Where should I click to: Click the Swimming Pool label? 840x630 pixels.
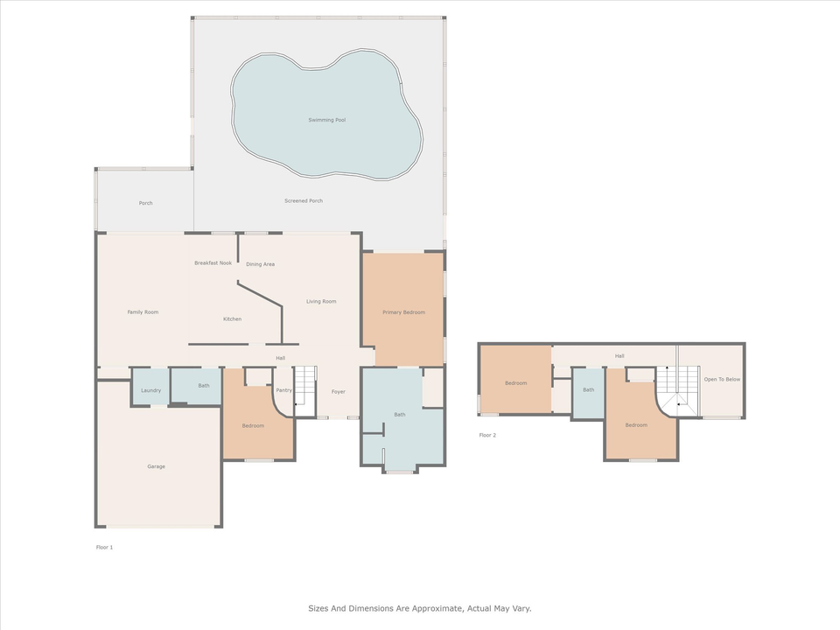pyautogui.click(x=326, y=120)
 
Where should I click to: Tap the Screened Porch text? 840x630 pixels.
pyautogui.click(x=304, y=201)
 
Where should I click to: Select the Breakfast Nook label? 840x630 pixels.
pyautogui.click(x=213, y=262)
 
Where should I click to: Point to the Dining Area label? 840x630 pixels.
pyautogui.click(x=261, y=264)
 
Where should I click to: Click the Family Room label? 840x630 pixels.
pyautogui.click(x=143, y=312)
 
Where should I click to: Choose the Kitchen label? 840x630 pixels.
pyautogui.click(x=232, y=319)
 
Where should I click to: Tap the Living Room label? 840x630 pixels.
pyautogui.click(x=321, y=302)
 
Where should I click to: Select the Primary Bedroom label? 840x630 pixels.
pyautogui.click(x=403, y=312)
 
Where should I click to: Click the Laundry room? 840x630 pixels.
pyautogui.click(x=150, y=390)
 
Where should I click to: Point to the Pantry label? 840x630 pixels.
pyautogui.click(x=283, y=391)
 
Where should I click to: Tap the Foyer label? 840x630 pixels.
pyautogui.click(x=338, y=391)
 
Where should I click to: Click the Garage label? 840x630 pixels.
pyautogui.click(x=156, y=466)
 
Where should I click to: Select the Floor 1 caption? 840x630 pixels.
pyautogui.click(x=104, y=547)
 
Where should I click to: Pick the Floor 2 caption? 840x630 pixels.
pyautogui.click(x=487, y=435)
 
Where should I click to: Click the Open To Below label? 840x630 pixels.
pyautogui.click(x=722, y=380)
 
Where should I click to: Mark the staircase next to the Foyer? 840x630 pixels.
pyautogui.click(x=304, y=386)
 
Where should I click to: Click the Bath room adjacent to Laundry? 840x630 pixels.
pyautogui.click(x=204, y=386)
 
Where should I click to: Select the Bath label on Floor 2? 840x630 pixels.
pyautogui.click(x=589, y=390)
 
